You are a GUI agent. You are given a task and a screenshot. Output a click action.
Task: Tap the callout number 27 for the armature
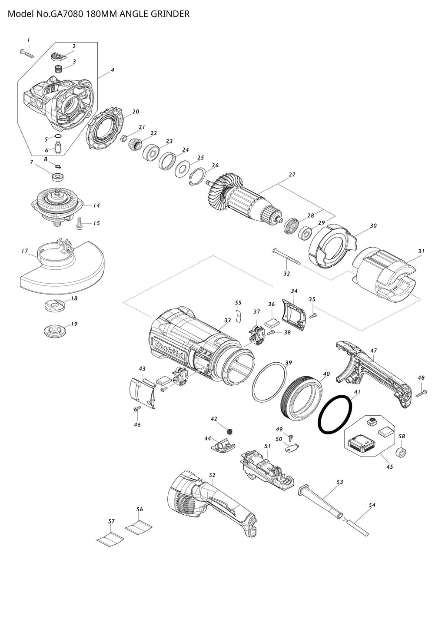pos(292,175)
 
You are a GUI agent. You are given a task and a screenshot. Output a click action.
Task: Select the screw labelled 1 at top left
pos(27,53)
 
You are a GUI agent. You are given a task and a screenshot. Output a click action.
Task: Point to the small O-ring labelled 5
pos(58,137)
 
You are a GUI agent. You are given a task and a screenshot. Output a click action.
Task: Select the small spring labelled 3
pos(58,69)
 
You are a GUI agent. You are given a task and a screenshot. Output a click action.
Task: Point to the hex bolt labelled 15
pos(79,223)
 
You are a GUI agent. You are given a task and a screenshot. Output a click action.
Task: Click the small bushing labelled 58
pos(402,453)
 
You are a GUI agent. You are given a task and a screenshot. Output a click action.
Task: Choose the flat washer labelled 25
pos(183,169)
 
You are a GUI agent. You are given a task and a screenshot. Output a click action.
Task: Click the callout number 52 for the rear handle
pos(212,475)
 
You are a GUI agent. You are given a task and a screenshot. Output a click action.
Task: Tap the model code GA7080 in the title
pos(66,13)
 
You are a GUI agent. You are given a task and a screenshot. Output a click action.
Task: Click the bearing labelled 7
pos(58,177)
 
